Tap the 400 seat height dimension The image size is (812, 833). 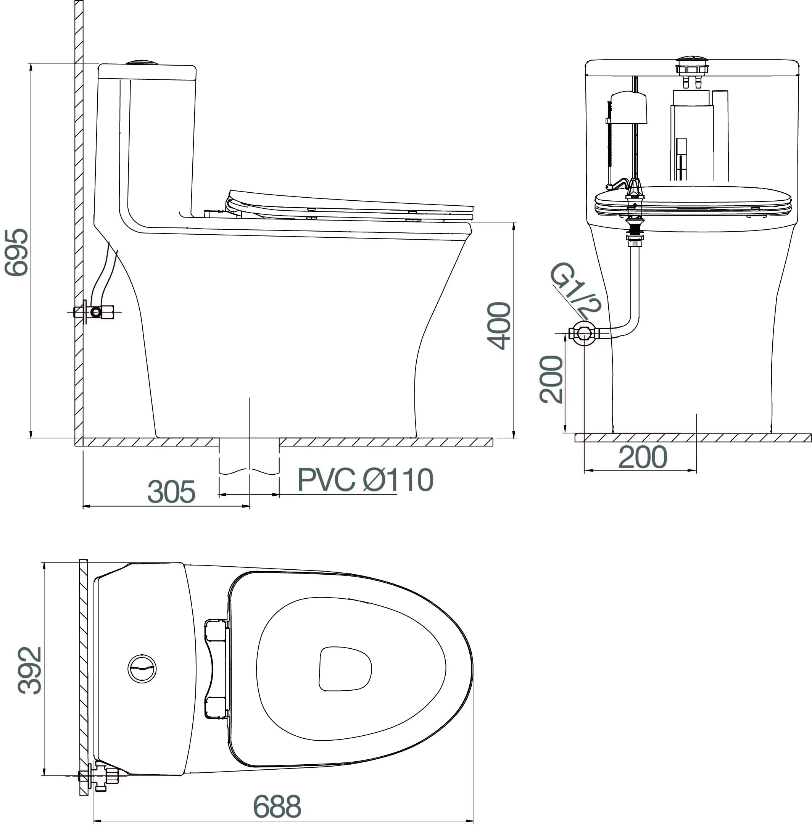coord(499,326)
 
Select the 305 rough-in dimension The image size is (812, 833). coord(171,491)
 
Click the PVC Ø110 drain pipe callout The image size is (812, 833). coord(366,479)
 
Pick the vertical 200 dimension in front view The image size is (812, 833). coord(551,379)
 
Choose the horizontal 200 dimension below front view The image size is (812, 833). coord(643,457)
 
